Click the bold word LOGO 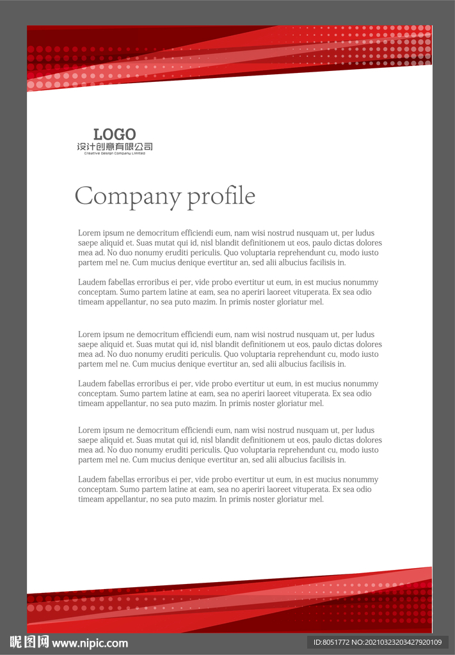click(115, 134)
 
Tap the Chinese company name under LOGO click(115, 147)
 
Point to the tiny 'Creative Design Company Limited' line click(115, 154)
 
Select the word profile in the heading click(221, 196)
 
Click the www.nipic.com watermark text click(90, 643)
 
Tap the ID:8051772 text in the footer click(330, 642)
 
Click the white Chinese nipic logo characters click(29, 642)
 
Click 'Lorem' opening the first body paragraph click(89, 233)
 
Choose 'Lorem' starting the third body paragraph click(89, 335)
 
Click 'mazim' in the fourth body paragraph click(204, 404)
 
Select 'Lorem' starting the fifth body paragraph click(89, 430)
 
